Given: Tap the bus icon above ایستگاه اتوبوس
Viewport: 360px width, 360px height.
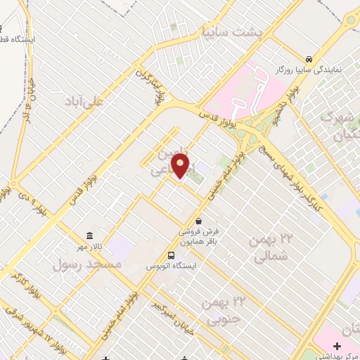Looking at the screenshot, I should tap(172, 255).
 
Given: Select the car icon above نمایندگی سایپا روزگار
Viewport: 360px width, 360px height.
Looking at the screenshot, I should tap(308, 59).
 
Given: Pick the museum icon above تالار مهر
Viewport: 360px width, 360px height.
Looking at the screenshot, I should tap(89, 236).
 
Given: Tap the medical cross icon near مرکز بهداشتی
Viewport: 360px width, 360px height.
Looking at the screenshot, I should tap(337, 347).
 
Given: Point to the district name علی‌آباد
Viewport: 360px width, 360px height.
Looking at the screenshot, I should tap(94, 102).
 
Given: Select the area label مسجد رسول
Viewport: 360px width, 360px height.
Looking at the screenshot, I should tap(87, 264).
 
